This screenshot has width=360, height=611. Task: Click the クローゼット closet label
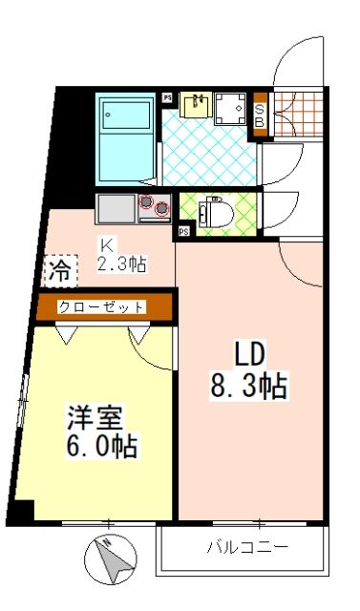102,306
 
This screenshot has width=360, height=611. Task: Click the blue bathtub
124,136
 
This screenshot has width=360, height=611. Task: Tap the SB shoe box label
258,115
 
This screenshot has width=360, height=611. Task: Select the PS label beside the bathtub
167,97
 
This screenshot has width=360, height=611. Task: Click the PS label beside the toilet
182,231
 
